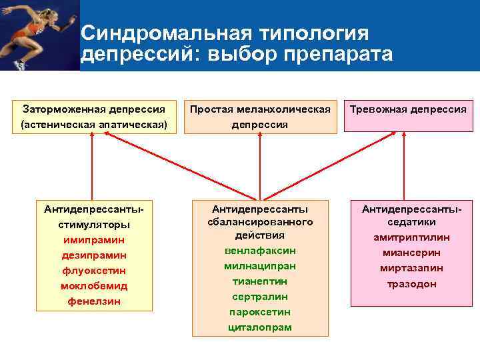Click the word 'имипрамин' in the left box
93,239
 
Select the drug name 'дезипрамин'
93,255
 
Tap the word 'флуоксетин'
93,271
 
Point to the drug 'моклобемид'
93,286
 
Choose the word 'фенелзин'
93,301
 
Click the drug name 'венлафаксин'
260,251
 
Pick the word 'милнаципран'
260,266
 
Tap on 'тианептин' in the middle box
260,281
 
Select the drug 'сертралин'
260,297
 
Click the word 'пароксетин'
260,312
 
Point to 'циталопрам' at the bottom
260,327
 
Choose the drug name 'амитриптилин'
411,237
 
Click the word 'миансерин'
411,253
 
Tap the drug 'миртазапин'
411,268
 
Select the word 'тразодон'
411,283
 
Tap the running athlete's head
29,11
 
